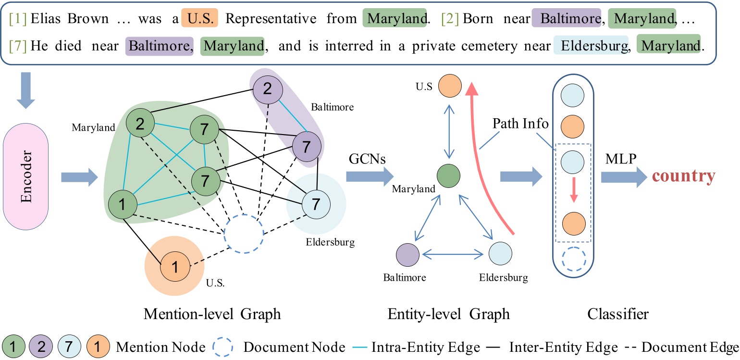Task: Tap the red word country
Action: [x=683, y=176]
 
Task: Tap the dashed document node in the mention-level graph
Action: [x=244, y=233]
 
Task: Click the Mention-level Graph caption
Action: [x=212, y=315]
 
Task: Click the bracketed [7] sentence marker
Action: [x=18, y=47]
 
